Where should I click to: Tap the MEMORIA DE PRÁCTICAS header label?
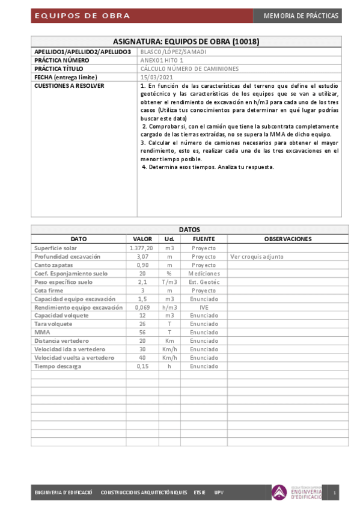[301, 16]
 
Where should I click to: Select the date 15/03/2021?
[156, 78]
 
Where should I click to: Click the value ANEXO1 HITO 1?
[162, 61]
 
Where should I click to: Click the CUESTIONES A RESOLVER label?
[69, 86]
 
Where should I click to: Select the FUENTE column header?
[204, 239]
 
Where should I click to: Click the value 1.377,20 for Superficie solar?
[141, 248]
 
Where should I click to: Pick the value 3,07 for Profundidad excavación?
[141, 256]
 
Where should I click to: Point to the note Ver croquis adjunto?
[257, 256]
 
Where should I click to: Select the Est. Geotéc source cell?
[204, 281]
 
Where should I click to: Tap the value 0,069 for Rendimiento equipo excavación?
[142, 307]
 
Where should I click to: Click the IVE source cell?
[204, 307]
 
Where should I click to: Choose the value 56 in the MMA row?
[142, 332]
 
